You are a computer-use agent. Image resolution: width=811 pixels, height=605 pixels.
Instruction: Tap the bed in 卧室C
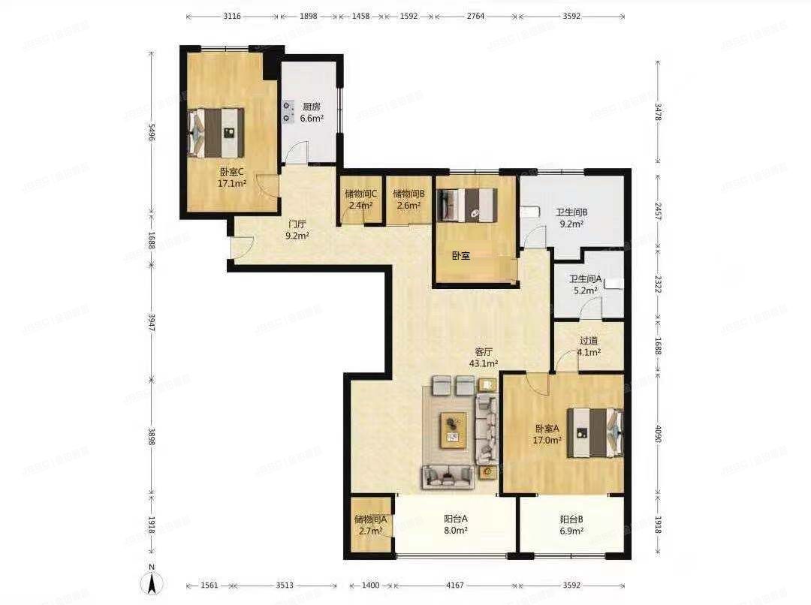216,132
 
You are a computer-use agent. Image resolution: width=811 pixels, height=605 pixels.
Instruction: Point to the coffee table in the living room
453,429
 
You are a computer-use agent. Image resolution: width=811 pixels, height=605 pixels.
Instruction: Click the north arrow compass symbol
152,580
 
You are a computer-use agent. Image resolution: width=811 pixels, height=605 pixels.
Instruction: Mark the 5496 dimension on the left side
152,133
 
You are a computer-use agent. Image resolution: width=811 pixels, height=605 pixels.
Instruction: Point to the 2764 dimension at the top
475,16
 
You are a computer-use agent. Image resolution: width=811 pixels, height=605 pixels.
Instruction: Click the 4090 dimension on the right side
659,434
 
